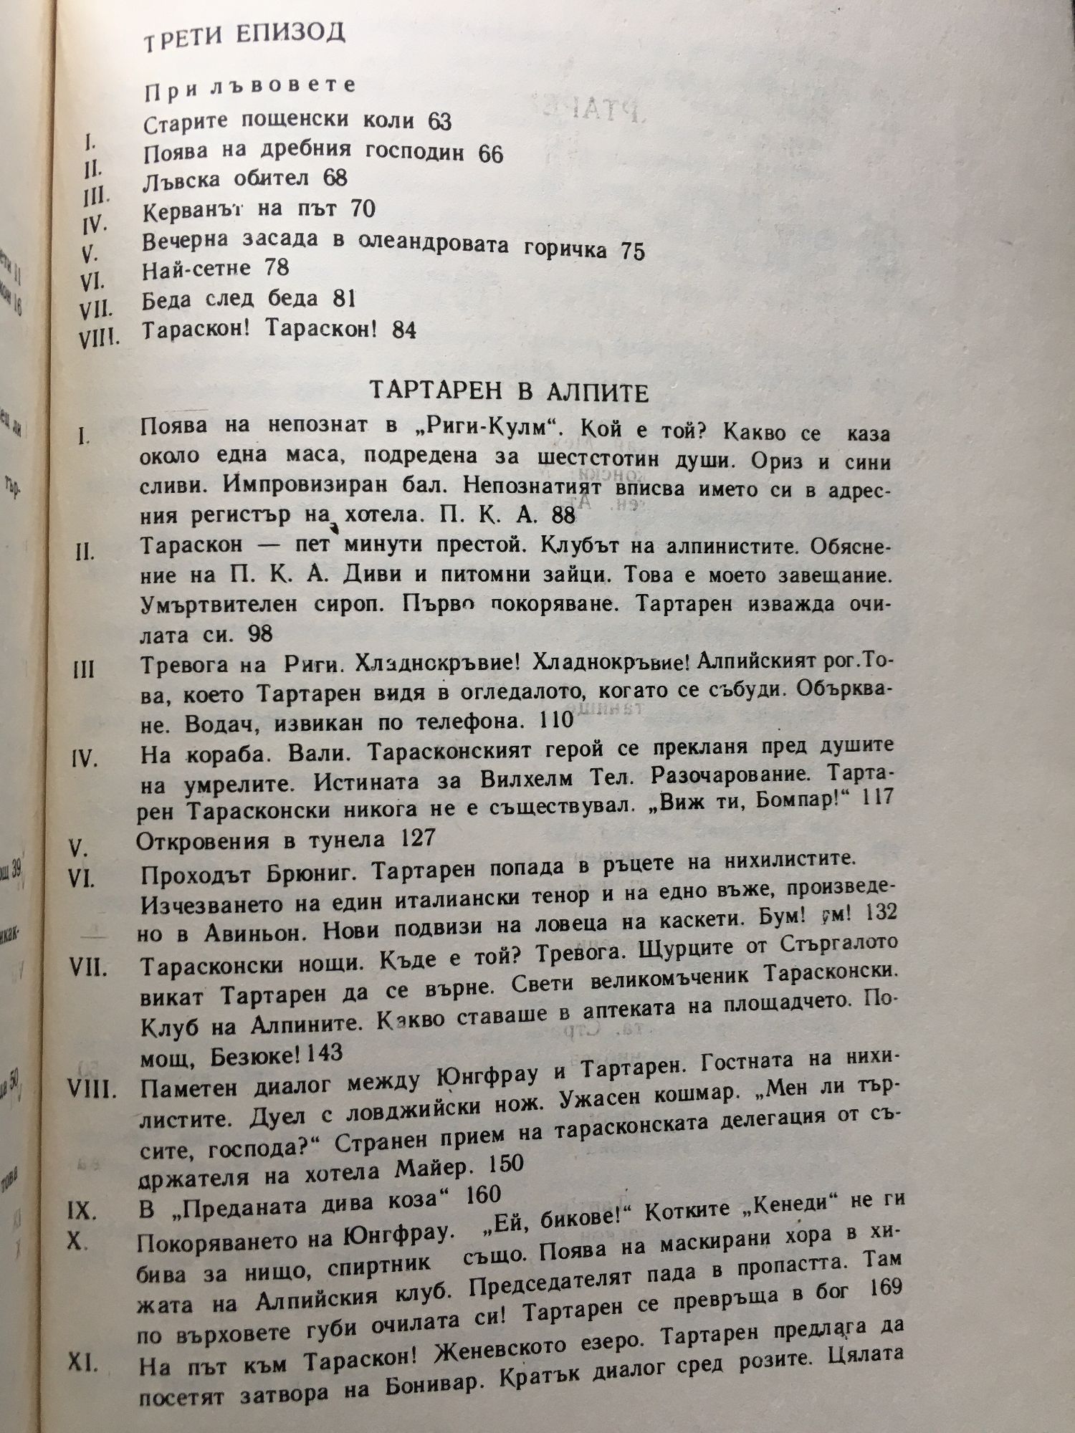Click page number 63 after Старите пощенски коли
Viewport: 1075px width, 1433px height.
[x=439, y=122]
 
